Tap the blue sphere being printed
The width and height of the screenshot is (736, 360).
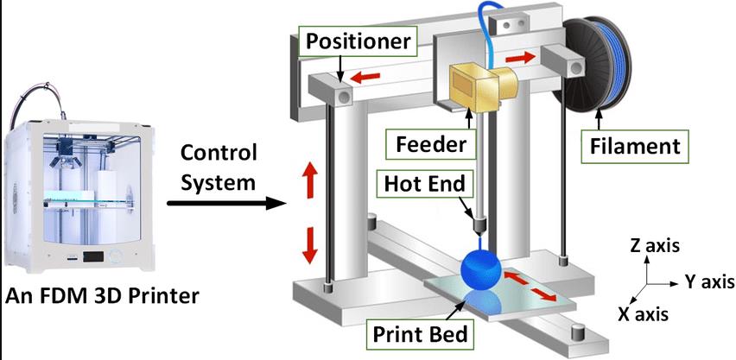point(480,270)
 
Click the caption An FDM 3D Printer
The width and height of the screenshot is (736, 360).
point(103,296)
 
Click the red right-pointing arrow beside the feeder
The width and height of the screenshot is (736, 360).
point(521,56)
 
